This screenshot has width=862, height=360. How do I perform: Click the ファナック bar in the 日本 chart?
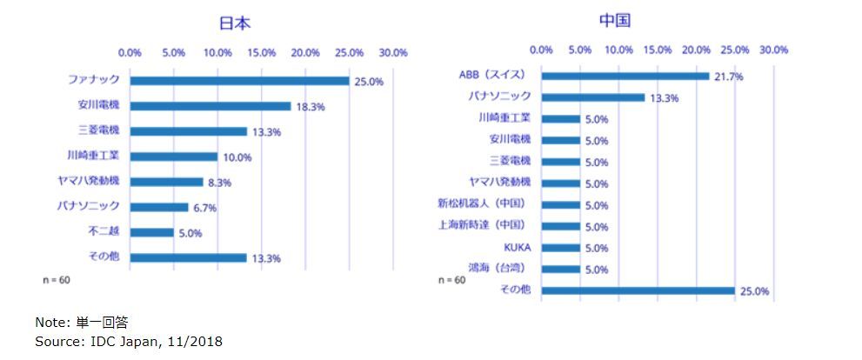point(239,81)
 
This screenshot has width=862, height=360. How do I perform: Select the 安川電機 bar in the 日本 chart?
point(210,106)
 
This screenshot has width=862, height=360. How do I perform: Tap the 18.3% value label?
point(309,107)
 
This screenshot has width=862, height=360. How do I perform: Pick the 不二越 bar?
point(152,232)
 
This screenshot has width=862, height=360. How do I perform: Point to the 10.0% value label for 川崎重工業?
point(237,157)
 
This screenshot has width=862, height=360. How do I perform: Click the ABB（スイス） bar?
point(625,76)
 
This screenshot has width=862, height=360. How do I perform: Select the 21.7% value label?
point(727,77)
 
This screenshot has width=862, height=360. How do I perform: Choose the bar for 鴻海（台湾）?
point(560,270)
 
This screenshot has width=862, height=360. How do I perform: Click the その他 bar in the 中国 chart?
point(638,291)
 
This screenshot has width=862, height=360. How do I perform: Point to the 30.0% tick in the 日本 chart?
point(393,53)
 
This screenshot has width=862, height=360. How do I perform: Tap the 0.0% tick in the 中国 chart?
point(541,50)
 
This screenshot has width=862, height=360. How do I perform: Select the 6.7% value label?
point(206,208)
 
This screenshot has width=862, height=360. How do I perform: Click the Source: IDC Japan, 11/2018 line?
point(129,342)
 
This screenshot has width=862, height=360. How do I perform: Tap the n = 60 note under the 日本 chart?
point(57,281)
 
